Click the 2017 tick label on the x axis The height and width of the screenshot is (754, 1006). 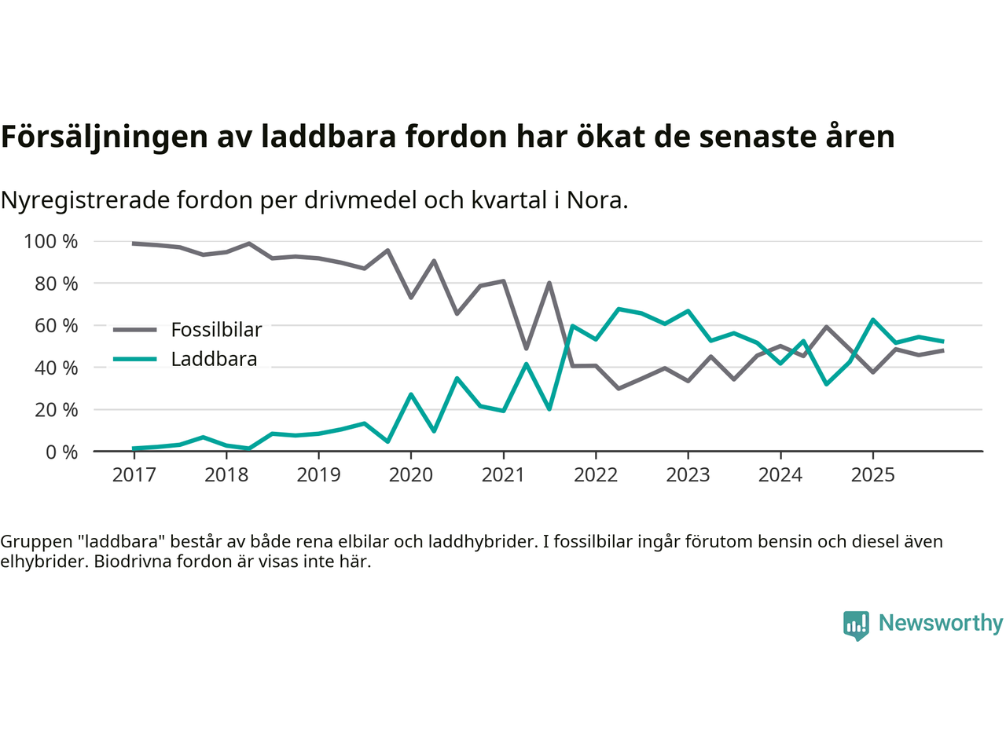click(134, 474)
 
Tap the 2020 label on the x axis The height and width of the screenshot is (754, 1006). click(411, 474)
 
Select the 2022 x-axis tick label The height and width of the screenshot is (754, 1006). click(596, 474)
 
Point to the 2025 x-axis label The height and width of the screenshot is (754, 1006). click(872, 474)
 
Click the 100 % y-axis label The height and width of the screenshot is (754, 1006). click(51, 241)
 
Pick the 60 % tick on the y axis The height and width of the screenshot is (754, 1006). click(56, 325)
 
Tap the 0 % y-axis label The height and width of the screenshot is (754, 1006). click(61, 452)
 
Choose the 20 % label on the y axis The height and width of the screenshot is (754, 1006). click(56, 409)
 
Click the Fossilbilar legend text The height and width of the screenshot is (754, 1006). click(216, 330)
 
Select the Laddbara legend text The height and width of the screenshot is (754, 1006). click(214, 359)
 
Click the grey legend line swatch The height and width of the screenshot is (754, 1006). click(135, 330)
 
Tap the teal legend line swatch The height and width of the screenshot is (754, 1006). click(135, 359)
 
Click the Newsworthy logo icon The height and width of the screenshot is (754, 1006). click(856, 625)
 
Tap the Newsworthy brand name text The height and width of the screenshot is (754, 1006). click(941, 623)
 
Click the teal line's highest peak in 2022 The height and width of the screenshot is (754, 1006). click(619, 309)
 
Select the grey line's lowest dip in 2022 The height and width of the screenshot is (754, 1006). click(619, 389)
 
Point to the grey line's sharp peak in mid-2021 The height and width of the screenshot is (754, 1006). click(549, 283)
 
